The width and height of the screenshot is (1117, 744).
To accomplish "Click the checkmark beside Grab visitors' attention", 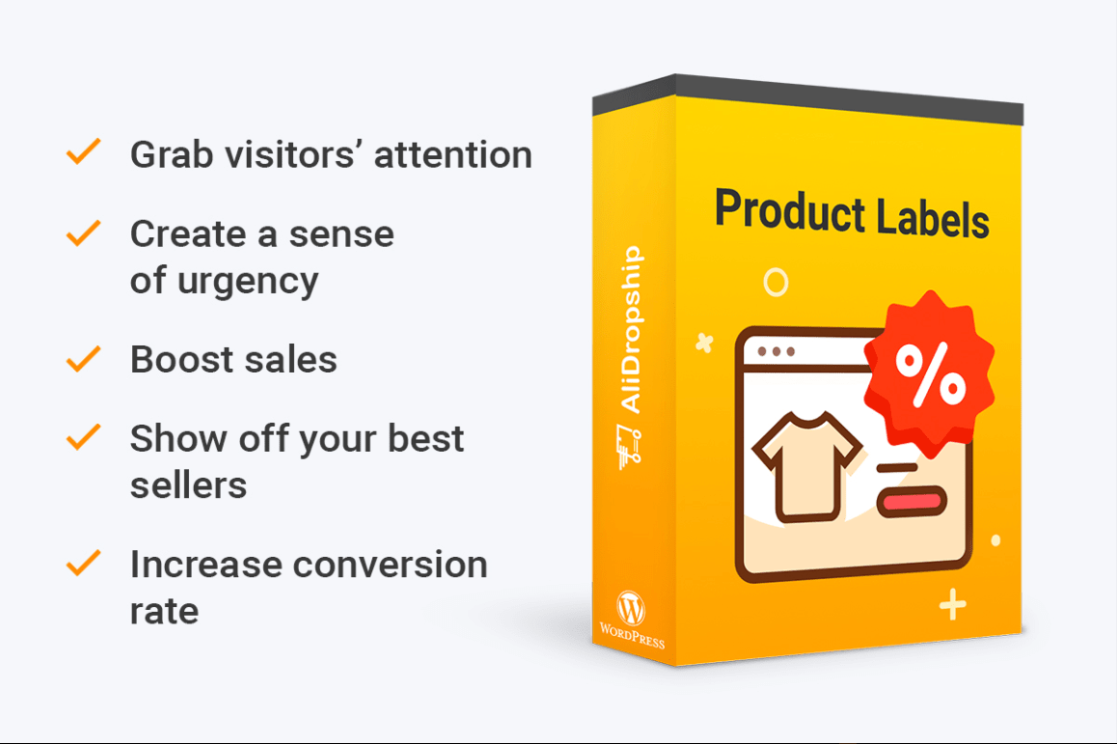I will point(83,152).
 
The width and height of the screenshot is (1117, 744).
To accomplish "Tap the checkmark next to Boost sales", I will point(83,358).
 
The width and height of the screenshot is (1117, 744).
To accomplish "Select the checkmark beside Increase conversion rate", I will point(83,562).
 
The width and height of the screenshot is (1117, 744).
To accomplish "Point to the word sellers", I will point(188,484).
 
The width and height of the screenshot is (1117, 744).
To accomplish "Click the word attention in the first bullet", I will point(452,154).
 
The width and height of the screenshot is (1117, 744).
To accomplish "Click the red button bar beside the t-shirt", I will point(913,501).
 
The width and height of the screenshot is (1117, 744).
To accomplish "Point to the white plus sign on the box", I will point(952,605).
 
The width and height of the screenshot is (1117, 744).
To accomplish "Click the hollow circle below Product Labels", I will point(776,282).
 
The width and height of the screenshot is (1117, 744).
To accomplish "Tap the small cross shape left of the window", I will point(705,341).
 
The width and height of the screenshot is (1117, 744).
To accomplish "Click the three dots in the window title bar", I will point(776,351).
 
